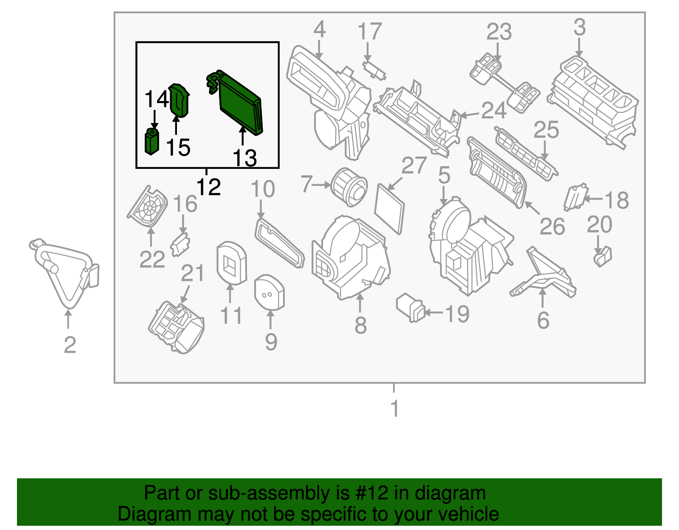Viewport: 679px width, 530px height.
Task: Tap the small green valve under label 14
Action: (152, 141)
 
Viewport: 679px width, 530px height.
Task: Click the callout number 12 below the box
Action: (209, 187)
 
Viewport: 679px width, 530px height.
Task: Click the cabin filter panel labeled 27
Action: (390, 209)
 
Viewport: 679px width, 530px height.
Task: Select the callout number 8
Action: (360, 325)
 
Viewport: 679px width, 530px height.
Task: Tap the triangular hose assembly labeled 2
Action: (64, 272)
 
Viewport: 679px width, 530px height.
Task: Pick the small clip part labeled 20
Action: (603, 256)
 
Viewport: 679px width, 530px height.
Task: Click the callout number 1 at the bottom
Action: (395, 408)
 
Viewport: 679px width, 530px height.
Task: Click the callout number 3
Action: (579, 28)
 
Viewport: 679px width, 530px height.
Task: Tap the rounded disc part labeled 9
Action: (269, 293)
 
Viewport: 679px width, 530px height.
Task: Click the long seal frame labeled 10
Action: (280, 243)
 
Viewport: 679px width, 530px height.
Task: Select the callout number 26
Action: (552, 227)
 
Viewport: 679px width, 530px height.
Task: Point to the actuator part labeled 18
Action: (575, 197)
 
